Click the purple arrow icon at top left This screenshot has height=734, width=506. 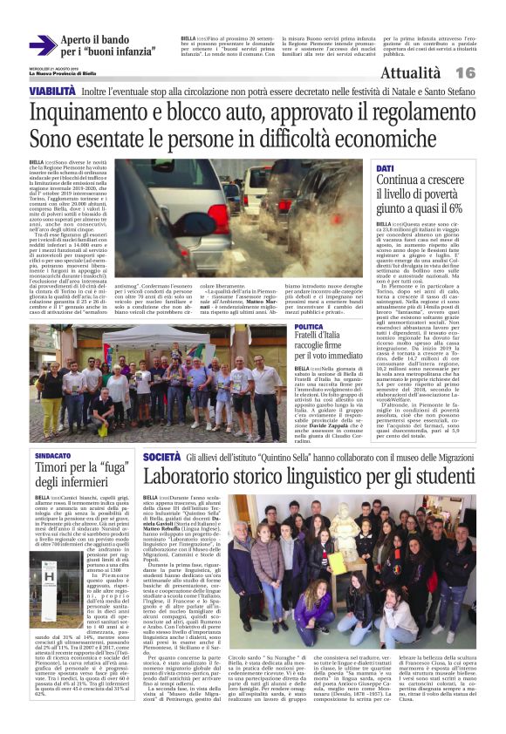43,46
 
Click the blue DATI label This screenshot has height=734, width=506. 385,167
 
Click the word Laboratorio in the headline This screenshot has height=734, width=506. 198,477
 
